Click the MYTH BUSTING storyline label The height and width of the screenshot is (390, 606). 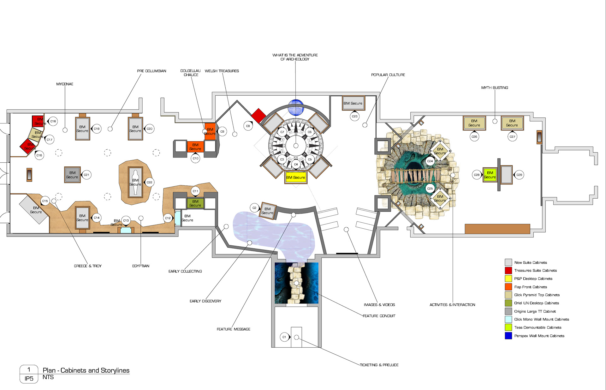494,88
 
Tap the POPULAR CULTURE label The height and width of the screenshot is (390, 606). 388,75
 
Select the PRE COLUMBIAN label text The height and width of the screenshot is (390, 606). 151,71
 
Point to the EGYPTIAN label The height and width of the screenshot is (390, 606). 140,266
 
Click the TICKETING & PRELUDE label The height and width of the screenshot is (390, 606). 379,365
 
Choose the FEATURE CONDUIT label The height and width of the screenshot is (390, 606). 379,316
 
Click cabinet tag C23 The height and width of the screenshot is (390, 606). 354,117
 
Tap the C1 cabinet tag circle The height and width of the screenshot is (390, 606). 284,337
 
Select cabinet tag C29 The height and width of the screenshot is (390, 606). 519,175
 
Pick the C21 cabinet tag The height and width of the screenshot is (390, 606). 86,175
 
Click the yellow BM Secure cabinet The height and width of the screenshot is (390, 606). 295,177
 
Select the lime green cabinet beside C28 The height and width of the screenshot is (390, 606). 490,175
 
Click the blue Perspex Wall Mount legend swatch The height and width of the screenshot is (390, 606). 508,336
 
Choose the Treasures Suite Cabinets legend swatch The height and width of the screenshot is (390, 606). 508,270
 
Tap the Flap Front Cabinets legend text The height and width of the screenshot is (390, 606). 530,287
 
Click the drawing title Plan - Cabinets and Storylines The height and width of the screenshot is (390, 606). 86,370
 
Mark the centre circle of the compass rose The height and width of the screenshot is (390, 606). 296,146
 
